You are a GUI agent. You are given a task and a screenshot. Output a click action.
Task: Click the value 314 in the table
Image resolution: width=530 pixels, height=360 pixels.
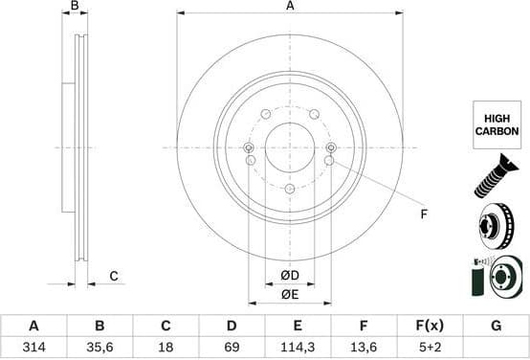[33, 348]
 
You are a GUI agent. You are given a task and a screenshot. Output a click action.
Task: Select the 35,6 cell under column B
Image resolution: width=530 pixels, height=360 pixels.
[99, 348]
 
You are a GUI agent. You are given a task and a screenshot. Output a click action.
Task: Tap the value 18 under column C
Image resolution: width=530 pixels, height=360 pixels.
[166, 348]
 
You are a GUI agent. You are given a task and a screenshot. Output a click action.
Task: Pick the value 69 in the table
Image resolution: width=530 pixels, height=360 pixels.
[232, 348]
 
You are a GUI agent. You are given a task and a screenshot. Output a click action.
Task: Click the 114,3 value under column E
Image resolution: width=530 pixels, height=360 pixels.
[298, 348]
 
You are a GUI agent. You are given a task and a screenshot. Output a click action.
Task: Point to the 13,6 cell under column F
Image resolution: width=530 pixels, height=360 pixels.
[364, 348]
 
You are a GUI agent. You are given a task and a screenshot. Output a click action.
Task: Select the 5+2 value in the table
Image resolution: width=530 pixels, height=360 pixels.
[430, 348]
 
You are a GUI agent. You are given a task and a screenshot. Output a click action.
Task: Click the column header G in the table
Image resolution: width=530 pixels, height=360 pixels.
[496, 326]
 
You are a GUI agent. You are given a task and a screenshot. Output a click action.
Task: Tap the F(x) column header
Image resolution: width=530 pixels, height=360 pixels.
[430, 326]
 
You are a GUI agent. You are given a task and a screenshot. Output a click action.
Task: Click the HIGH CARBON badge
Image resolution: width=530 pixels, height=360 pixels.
[497, 124]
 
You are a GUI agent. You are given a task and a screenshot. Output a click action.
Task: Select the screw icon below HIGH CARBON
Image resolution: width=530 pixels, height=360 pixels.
[496, 179]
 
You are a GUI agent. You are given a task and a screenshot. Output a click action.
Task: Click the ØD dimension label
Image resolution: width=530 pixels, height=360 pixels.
[290, 277]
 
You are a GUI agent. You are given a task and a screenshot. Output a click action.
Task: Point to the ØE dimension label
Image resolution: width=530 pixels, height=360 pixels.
[290, 295]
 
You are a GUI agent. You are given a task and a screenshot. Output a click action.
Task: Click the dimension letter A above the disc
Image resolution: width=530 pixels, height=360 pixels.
[290, 7]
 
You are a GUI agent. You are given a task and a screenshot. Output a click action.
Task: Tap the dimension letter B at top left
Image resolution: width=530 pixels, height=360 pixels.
[75, 7]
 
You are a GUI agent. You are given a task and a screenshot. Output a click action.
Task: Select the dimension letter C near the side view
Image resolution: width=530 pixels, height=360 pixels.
[113, 277]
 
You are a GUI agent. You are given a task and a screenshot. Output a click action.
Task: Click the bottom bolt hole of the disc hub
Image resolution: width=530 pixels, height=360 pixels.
[290, 189]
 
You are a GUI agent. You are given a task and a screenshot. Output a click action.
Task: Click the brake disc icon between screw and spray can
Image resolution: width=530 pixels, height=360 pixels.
[496, 228]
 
